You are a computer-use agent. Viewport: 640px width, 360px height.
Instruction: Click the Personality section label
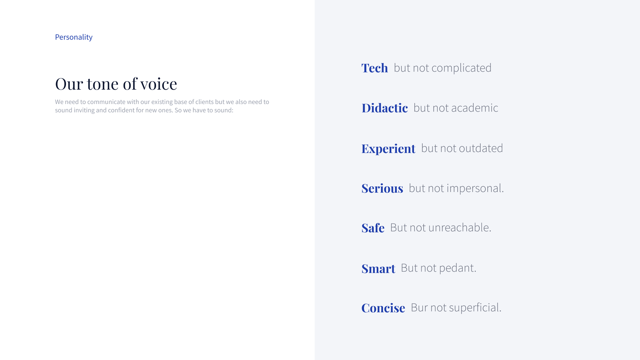(74, 37)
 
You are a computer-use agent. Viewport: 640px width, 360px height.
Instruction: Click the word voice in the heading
(159, 84)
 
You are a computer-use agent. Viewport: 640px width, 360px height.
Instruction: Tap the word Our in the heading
(69, 84)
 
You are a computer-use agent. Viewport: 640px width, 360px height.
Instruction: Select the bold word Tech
(375, 68)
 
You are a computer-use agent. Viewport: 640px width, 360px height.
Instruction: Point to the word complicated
(461, 68)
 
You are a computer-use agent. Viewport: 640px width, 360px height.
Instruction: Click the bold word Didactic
(385, 108)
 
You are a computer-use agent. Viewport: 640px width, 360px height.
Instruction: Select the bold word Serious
(382, 188)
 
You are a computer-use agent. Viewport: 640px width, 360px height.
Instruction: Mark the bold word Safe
(373, 228)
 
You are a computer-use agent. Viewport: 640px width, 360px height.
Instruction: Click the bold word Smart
(378, 269)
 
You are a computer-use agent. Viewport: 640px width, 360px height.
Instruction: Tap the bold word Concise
(383, 308)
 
